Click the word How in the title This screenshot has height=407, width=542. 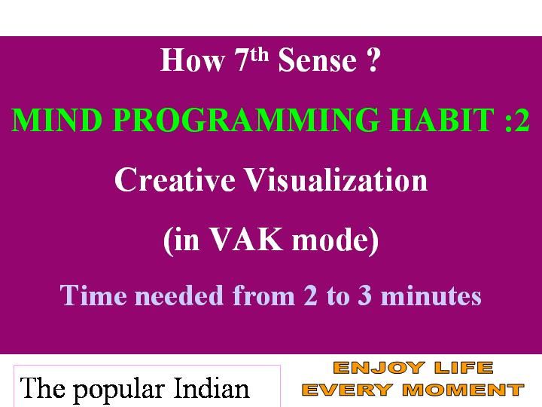click(192, 60)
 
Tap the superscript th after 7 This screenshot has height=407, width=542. click(259, 55)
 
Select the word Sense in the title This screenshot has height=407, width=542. click(318, 60)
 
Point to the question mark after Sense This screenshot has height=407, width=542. click(373, 60)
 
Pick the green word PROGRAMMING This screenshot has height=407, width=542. click(245, 119)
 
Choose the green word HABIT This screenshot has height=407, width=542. click(442, 119)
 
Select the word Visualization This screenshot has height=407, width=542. click(336, 179)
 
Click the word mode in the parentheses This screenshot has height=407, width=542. click(331, 240)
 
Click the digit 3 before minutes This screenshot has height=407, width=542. click(364, 296)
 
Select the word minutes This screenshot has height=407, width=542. click(431, 296)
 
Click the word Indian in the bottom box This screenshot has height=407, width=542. click(212, 388)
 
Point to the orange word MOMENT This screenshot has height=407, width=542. click(464, 390)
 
